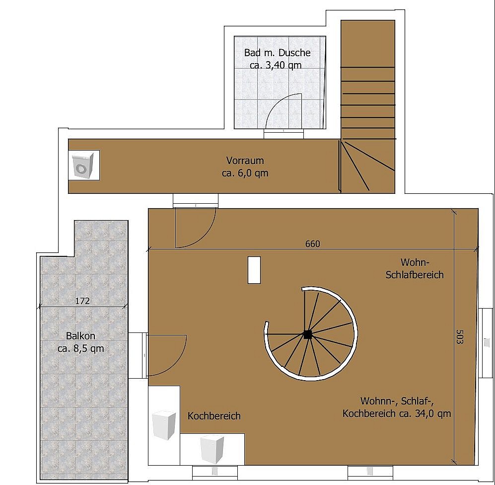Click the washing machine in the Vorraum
83,165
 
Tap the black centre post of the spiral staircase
307,334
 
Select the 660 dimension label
312,243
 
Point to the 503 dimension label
460,337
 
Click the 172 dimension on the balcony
82,301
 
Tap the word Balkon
80,335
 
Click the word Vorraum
245,160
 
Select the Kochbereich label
214,416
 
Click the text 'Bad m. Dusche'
277,53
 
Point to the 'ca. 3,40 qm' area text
276,65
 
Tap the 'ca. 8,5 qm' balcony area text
81,348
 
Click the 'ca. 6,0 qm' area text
245,173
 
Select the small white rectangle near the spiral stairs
254,270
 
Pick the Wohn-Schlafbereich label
415,268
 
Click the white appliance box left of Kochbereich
163,425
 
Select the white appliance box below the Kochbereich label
212,449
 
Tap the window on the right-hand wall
486,343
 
